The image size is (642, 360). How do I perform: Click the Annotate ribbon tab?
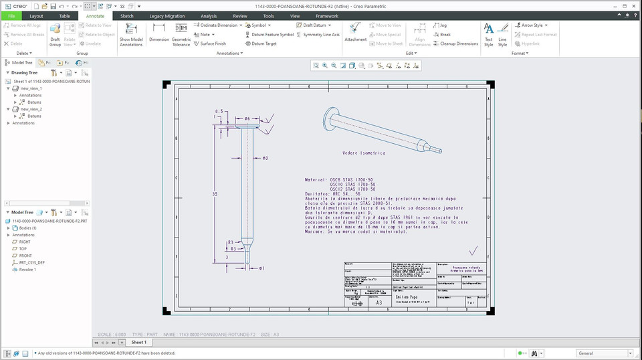pos(95,15)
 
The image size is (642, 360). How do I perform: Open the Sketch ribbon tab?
pos(126,15)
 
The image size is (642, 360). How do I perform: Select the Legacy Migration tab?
pos(167,15)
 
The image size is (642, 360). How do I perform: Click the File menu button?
pos(11,15)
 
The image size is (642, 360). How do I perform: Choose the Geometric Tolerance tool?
pos(181,33)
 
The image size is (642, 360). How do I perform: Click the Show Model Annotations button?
pos(131,33)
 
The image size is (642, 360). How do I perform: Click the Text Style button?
pos(489,33)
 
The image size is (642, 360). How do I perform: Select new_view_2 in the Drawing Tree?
pos(31,109)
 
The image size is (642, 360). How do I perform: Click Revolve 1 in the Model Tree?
pos(27,270)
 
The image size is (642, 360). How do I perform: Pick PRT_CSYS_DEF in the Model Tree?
pos(32,263)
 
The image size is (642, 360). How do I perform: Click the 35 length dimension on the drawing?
pos(215,194)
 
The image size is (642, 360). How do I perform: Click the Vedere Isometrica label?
pos(364,153)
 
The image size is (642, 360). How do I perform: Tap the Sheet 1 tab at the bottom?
pos(138,342)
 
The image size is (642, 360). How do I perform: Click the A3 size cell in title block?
pos(379,302)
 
